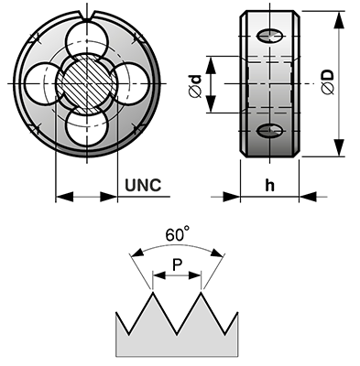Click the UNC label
143,185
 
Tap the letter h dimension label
269,185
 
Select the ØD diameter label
328,82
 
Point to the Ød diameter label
195,86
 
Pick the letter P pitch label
177,264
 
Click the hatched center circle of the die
87,83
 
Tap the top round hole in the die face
87,39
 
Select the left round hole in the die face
43,83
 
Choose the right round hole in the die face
131,83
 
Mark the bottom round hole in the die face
87,127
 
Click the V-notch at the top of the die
88,16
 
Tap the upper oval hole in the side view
269,36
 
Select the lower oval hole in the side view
269,131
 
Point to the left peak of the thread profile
152,292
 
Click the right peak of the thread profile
201,292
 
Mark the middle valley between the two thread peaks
177,334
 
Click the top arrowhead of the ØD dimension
339,20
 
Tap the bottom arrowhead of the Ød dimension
211,103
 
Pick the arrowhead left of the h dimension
232,197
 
